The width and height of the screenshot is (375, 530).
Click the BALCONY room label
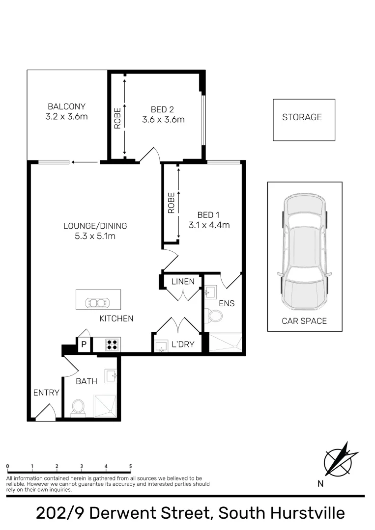coord(66,106)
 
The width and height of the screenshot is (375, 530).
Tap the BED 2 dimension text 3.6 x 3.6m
coord(163,119)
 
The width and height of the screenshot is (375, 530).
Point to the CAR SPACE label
coord(304,321)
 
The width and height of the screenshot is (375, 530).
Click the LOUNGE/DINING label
coord(95,226)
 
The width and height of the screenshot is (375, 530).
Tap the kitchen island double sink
coord(98,303)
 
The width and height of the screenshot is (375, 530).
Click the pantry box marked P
coord(84,344)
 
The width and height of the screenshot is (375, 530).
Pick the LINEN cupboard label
coord(183,282)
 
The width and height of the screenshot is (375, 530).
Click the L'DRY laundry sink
coord(160,345)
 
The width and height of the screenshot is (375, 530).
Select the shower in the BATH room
coord(105,406)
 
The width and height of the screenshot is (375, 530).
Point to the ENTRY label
coord(46,393)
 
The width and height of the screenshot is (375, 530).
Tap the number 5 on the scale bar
coord(130,467)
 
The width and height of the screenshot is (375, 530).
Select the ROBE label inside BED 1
coord(171,203)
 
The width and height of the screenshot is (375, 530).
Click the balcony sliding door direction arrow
coord(84,161)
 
